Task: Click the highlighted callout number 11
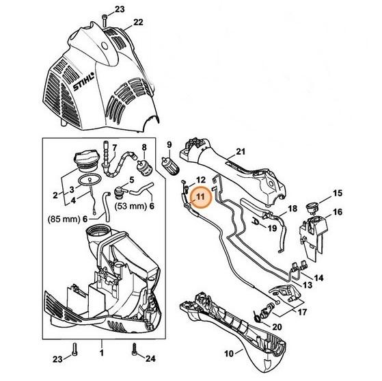200,196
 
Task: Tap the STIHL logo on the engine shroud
83,81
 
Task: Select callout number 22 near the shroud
138,22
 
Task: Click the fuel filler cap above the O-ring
87,161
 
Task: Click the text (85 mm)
64,219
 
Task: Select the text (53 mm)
130,207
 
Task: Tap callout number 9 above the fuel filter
169,145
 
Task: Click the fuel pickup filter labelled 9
170,166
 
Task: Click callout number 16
338,212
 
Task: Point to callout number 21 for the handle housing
241,151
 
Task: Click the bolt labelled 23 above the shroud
105,21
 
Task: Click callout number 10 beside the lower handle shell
228,354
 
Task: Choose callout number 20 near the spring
277,326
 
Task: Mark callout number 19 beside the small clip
273,228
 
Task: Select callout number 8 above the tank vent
144,147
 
